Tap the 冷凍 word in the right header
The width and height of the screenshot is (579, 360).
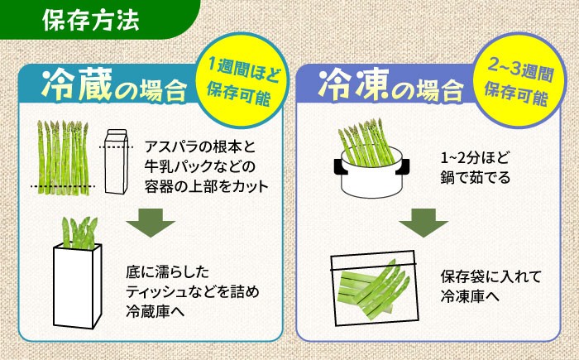pos(347,83)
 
